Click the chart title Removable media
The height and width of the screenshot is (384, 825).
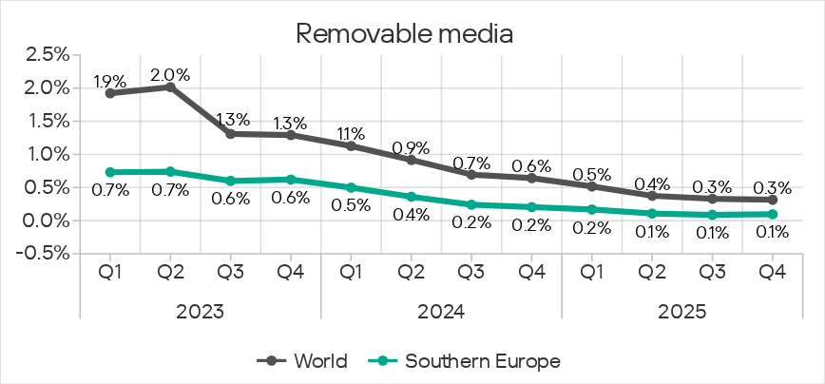[x=405, y=33]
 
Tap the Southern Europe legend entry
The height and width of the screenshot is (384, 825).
[x=470, y=361]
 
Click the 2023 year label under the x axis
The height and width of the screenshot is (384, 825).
[x=200, y=310]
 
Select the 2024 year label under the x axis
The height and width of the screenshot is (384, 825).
[x=441, y=310]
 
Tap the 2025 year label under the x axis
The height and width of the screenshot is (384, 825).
[x=681, y=310]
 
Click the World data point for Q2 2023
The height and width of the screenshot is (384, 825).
[x=170, y=86]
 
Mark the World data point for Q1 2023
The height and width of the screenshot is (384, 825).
[x=110, y=93]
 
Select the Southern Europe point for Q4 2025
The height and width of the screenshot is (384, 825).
[x=772, y=214]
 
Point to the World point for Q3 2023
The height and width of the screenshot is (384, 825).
[x=231, y=134]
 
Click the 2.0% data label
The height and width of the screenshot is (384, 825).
[x=170, y=74]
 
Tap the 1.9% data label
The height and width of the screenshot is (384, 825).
[x=110, y=81]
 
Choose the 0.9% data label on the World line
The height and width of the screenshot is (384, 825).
[x=411, y=148]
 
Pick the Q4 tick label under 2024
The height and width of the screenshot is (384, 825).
[x=531, y=273]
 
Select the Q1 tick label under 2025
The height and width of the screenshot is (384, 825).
[x=591, y=273]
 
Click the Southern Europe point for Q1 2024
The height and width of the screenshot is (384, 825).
[x=351, y=187]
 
